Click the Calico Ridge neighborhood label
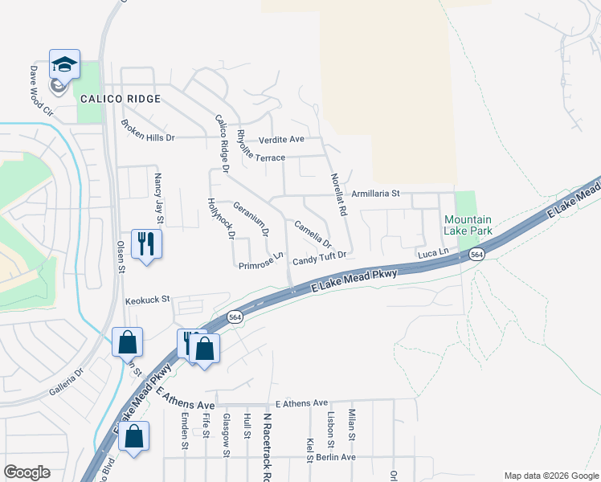tap(121, 99)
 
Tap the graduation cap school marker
tap(64, 63)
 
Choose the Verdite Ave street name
tap(276, 139)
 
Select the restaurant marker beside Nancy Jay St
tap(146, 243)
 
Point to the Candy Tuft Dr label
tap(319, 257)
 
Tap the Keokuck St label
tap(148, 300)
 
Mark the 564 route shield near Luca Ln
tap(477, 255)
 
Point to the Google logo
tap(27, 472)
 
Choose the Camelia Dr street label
tap(313, 234)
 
